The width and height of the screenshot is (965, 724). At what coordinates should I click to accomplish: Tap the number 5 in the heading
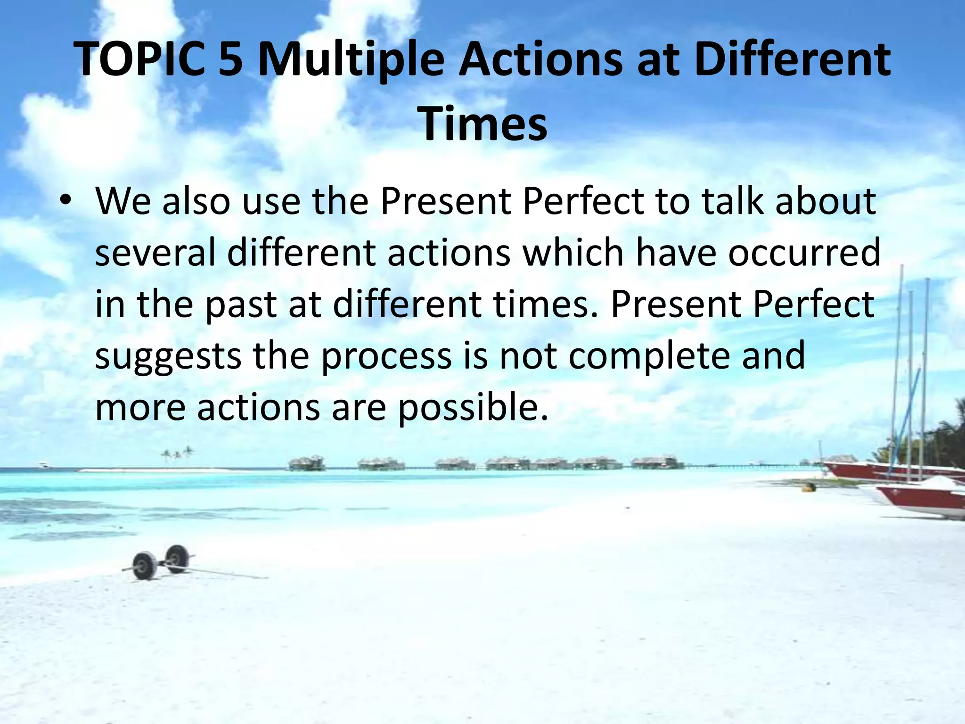click(230, 60)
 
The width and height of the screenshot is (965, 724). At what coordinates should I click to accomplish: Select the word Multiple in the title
click(351, 60)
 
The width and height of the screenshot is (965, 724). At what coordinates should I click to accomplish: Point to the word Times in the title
click(483, 124)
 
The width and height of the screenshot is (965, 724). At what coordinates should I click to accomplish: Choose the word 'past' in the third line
click(240, 304)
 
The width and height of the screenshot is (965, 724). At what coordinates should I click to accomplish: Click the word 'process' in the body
click(386, 356)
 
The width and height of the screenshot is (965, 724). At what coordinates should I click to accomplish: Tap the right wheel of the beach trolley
click(177, 558)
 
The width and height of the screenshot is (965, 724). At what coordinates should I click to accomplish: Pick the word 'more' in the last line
click(140, 408)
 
